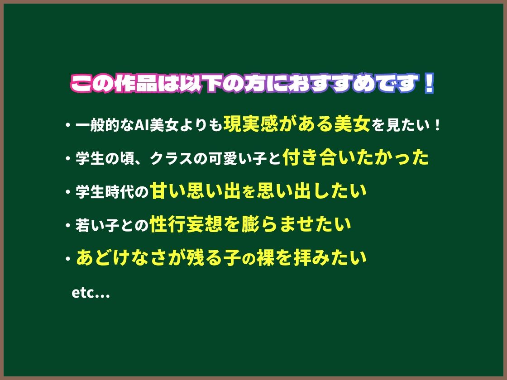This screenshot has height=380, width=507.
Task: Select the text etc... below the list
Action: pos(91,293)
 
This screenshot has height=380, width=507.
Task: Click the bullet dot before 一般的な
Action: pos(67,125)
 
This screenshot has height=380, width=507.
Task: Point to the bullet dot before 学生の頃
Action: pos(67,158)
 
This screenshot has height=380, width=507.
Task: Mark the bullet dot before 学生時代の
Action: pos(67,192)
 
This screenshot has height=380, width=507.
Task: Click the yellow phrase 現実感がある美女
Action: pos(297,124)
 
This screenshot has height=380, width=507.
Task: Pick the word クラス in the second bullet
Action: pos(172,159)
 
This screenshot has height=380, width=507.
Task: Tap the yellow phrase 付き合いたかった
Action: pos(356,157)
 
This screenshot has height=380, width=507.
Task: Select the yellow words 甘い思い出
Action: pos(195,190)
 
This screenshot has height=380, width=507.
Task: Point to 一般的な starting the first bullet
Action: pos(105,125)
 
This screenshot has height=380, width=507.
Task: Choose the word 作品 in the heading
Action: pos(136,84)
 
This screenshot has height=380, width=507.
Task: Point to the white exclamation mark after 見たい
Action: pos(438,125)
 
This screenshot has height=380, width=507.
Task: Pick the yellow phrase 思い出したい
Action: pos(312,190)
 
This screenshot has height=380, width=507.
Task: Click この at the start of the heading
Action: pos(92,84)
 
